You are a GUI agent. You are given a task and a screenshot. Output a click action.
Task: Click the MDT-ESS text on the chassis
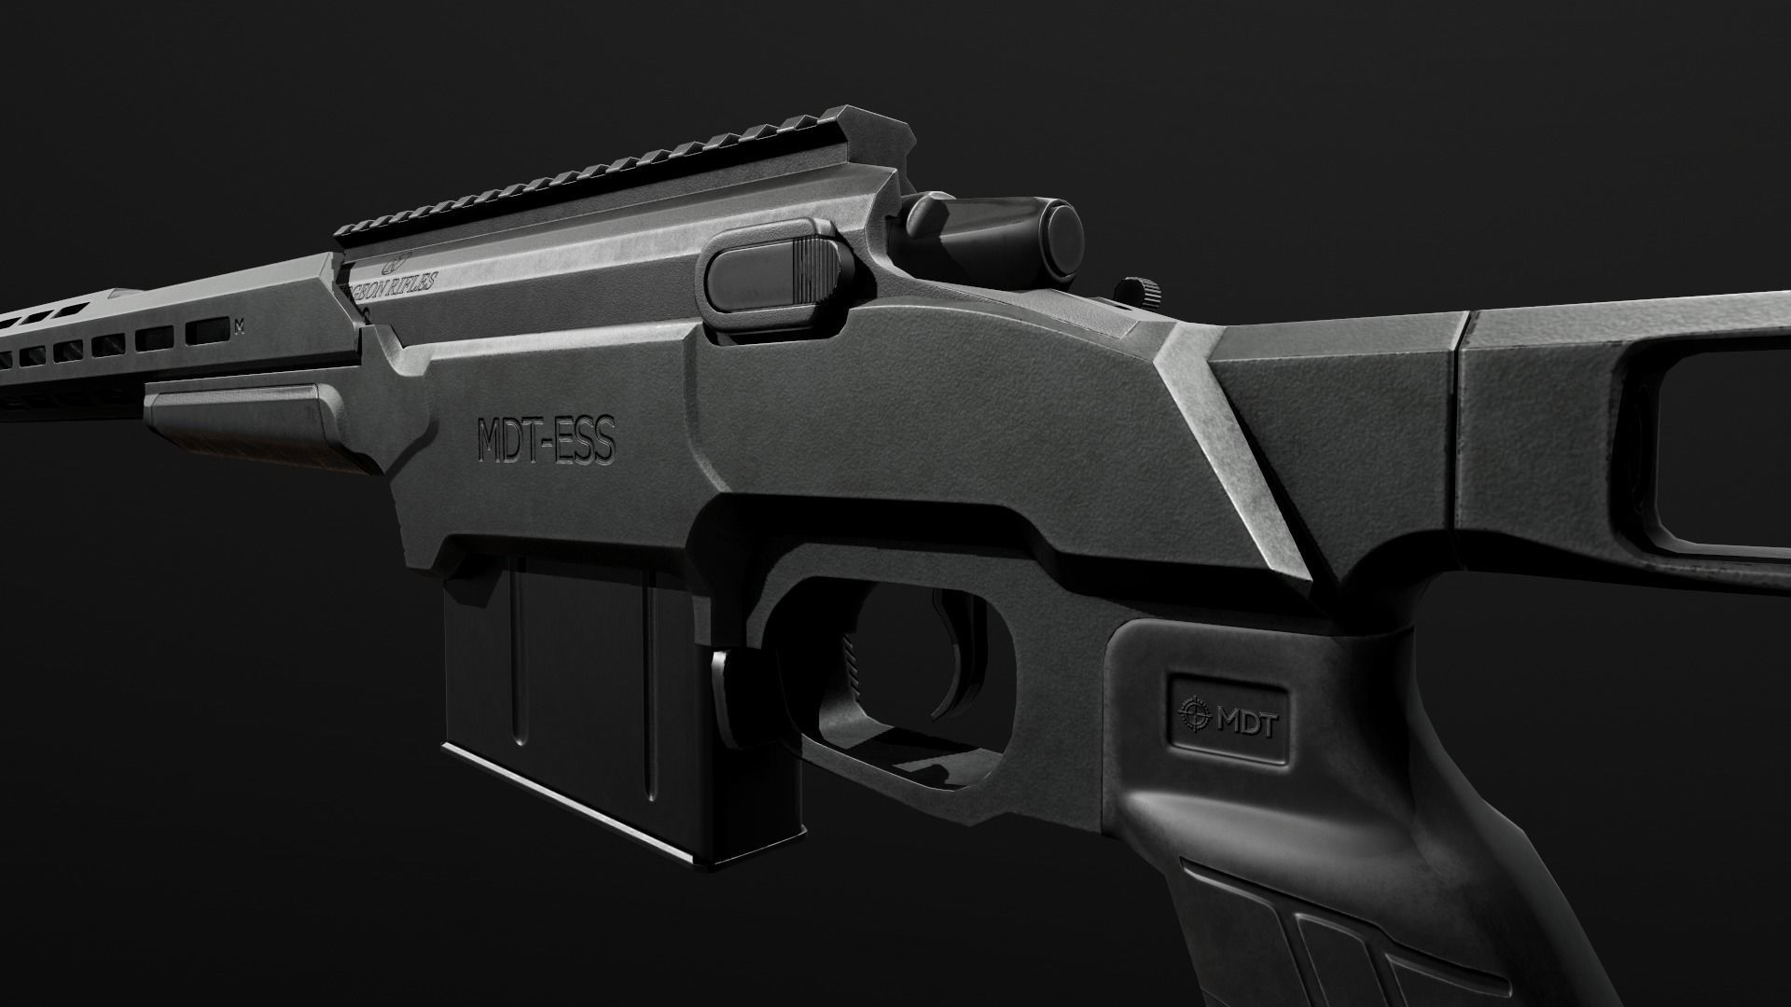546,441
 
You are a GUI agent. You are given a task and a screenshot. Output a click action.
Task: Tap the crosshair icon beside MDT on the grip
1193,715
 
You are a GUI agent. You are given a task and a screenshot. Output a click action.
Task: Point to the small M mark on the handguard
242,325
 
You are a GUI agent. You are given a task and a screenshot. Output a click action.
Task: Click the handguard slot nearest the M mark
207,330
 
